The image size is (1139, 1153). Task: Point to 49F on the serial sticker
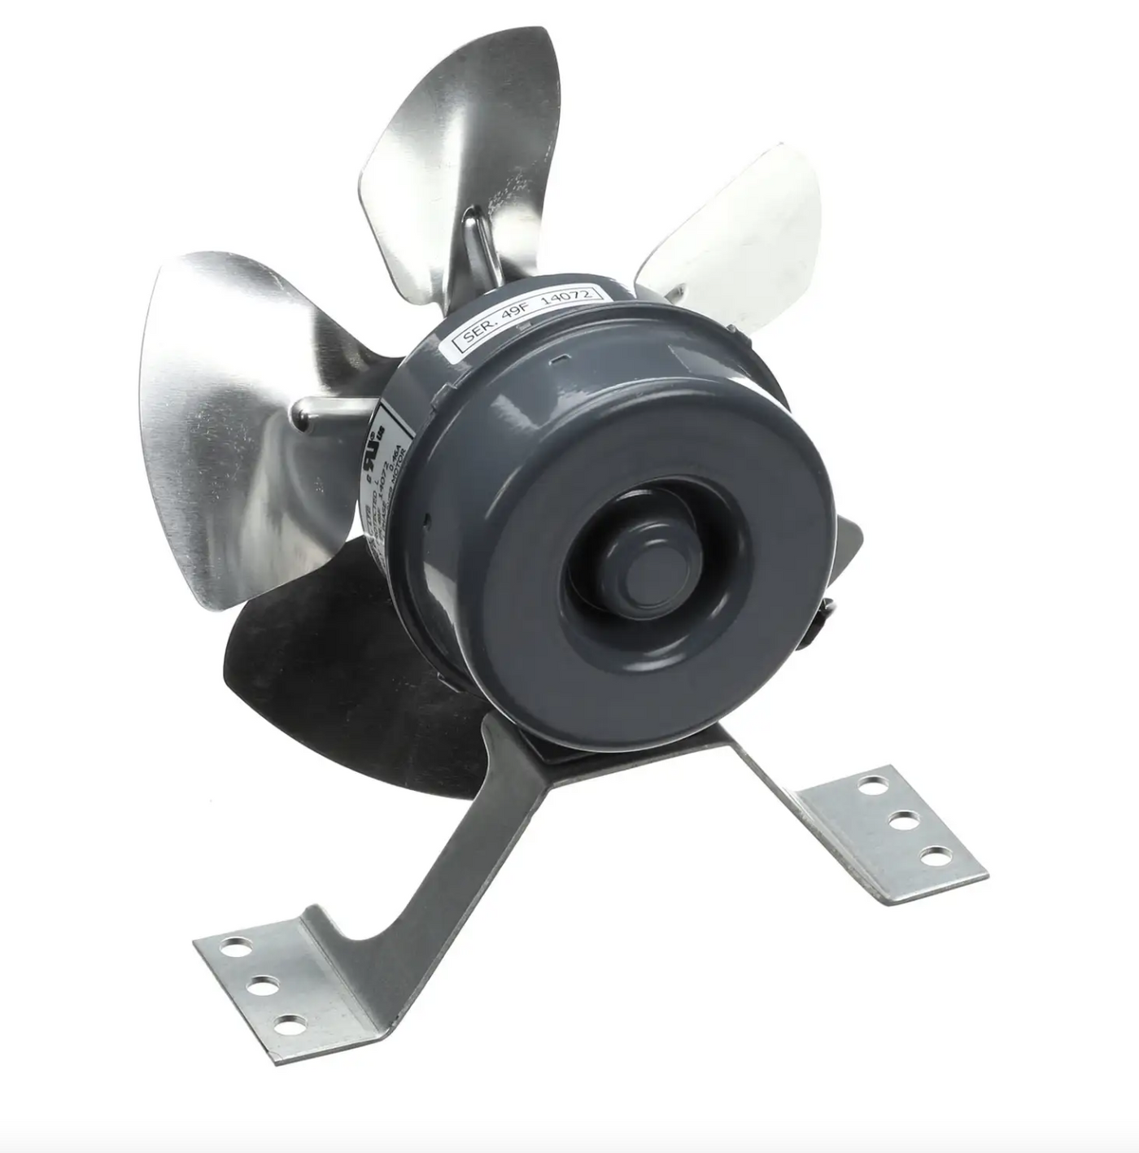coord(517,321)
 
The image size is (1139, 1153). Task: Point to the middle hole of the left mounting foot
coord(259,986)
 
